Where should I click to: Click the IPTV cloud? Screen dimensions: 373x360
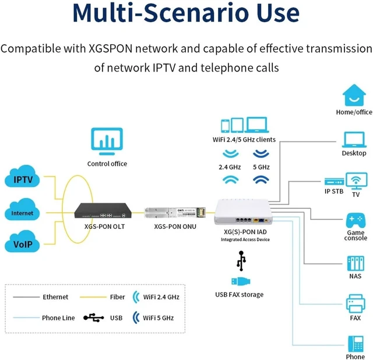click(22, 176)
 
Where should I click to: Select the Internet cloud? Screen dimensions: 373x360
click(22, 210)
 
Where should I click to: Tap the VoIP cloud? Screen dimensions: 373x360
click(22, 241)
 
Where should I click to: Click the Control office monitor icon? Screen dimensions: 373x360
click(107, 141)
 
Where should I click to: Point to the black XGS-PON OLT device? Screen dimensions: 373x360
click(103, 210)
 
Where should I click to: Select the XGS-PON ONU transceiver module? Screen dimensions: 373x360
click(175, 213)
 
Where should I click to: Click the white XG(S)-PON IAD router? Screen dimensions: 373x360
click(244, 212)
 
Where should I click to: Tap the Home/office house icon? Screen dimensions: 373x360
click(354, 95)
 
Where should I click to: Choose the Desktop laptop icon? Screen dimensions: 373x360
click(354, 140)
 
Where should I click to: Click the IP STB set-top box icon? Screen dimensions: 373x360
click(334, 182)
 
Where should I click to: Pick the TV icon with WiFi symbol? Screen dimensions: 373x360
click(356, 181)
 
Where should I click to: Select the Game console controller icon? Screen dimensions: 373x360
click(356, 220)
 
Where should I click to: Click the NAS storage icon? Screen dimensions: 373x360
click(356, 263)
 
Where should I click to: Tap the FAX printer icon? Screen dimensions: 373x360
click(356, 303)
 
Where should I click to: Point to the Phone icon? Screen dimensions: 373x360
click(356, 344)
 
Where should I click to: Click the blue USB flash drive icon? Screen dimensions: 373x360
click(241, 281)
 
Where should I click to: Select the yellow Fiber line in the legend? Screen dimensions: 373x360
click(93, 297)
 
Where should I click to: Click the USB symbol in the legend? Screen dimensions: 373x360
click(93, 317)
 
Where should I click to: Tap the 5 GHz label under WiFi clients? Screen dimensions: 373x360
click(261, 167)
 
